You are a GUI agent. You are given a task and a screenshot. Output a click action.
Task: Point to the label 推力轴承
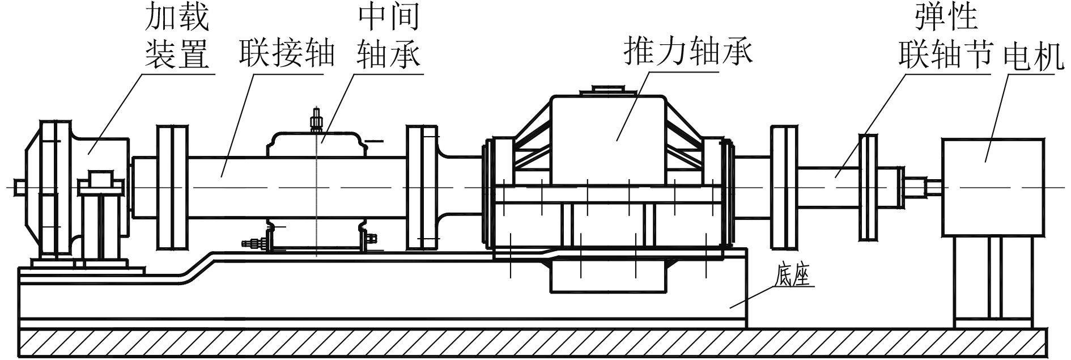687,52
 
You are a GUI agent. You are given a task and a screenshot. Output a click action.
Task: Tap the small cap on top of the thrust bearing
607,90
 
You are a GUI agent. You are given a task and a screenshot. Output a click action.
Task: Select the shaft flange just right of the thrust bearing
784,187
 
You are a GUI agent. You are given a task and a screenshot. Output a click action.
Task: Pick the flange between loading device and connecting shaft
172,187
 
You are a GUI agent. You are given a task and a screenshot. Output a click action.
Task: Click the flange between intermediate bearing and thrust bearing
422,187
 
